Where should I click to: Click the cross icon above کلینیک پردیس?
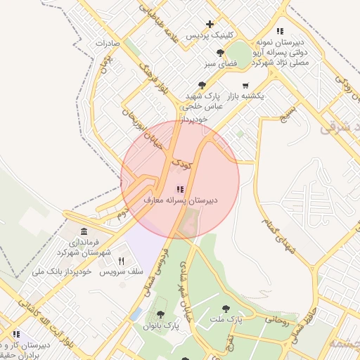pos(210,25)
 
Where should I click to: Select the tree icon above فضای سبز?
pos(221,53)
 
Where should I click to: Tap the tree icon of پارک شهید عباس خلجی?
pos(202,84)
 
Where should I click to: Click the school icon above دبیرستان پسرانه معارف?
pos(180,189)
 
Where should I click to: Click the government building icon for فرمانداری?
pos(84,231)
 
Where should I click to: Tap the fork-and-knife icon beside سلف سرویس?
pos(122,261)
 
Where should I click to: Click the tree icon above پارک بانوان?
pos(161,315)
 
